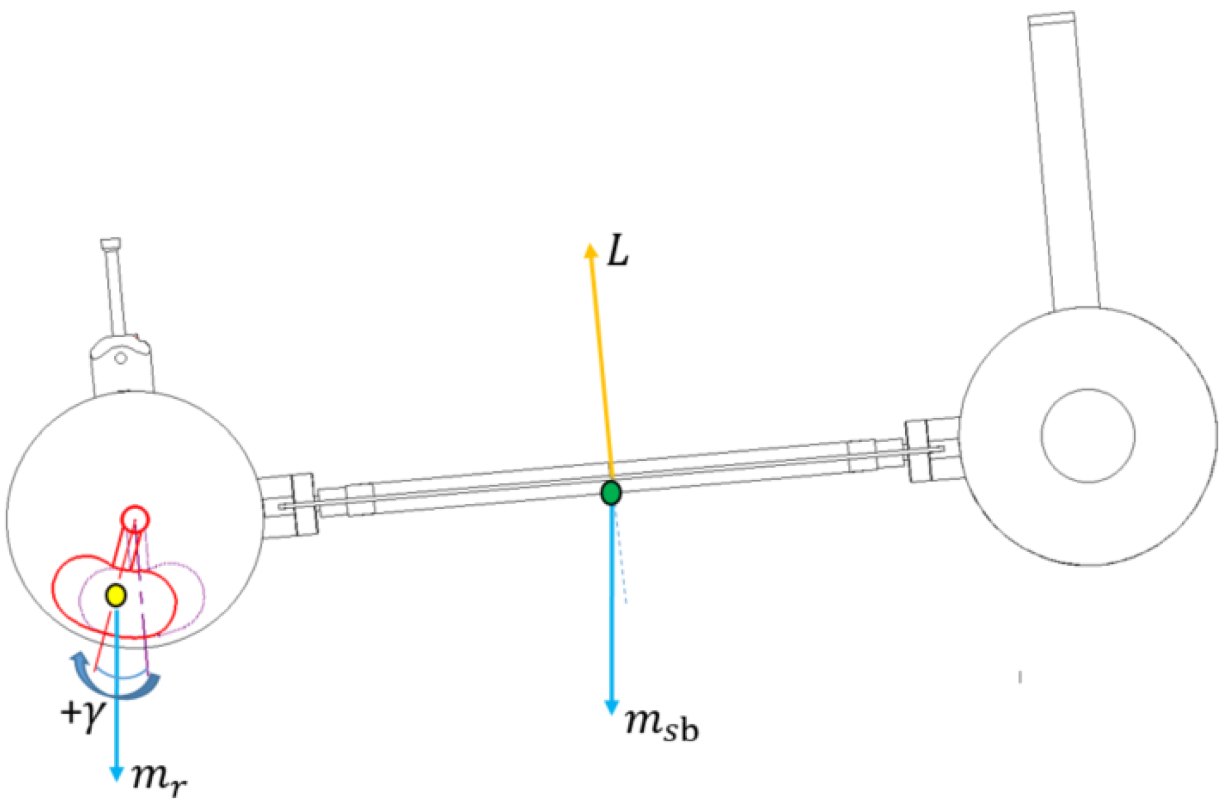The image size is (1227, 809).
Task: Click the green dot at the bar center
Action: coord(611,492)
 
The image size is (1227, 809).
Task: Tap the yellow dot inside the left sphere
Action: coord(116,595)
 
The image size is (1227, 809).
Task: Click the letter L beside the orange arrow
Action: coord(618,252)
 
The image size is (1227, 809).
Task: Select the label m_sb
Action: coord(661,724)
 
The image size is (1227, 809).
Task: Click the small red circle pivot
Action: coord(136,520)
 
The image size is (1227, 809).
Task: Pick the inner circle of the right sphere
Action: coord(1088,435)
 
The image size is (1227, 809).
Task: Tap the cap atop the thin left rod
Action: coord(111,244)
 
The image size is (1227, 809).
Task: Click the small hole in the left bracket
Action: coord(121,357)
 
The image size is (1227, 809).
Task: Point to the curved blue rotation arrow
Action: coord(117,684)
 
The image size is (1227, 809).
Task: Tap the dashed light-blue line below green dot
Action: coord(621,561)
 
